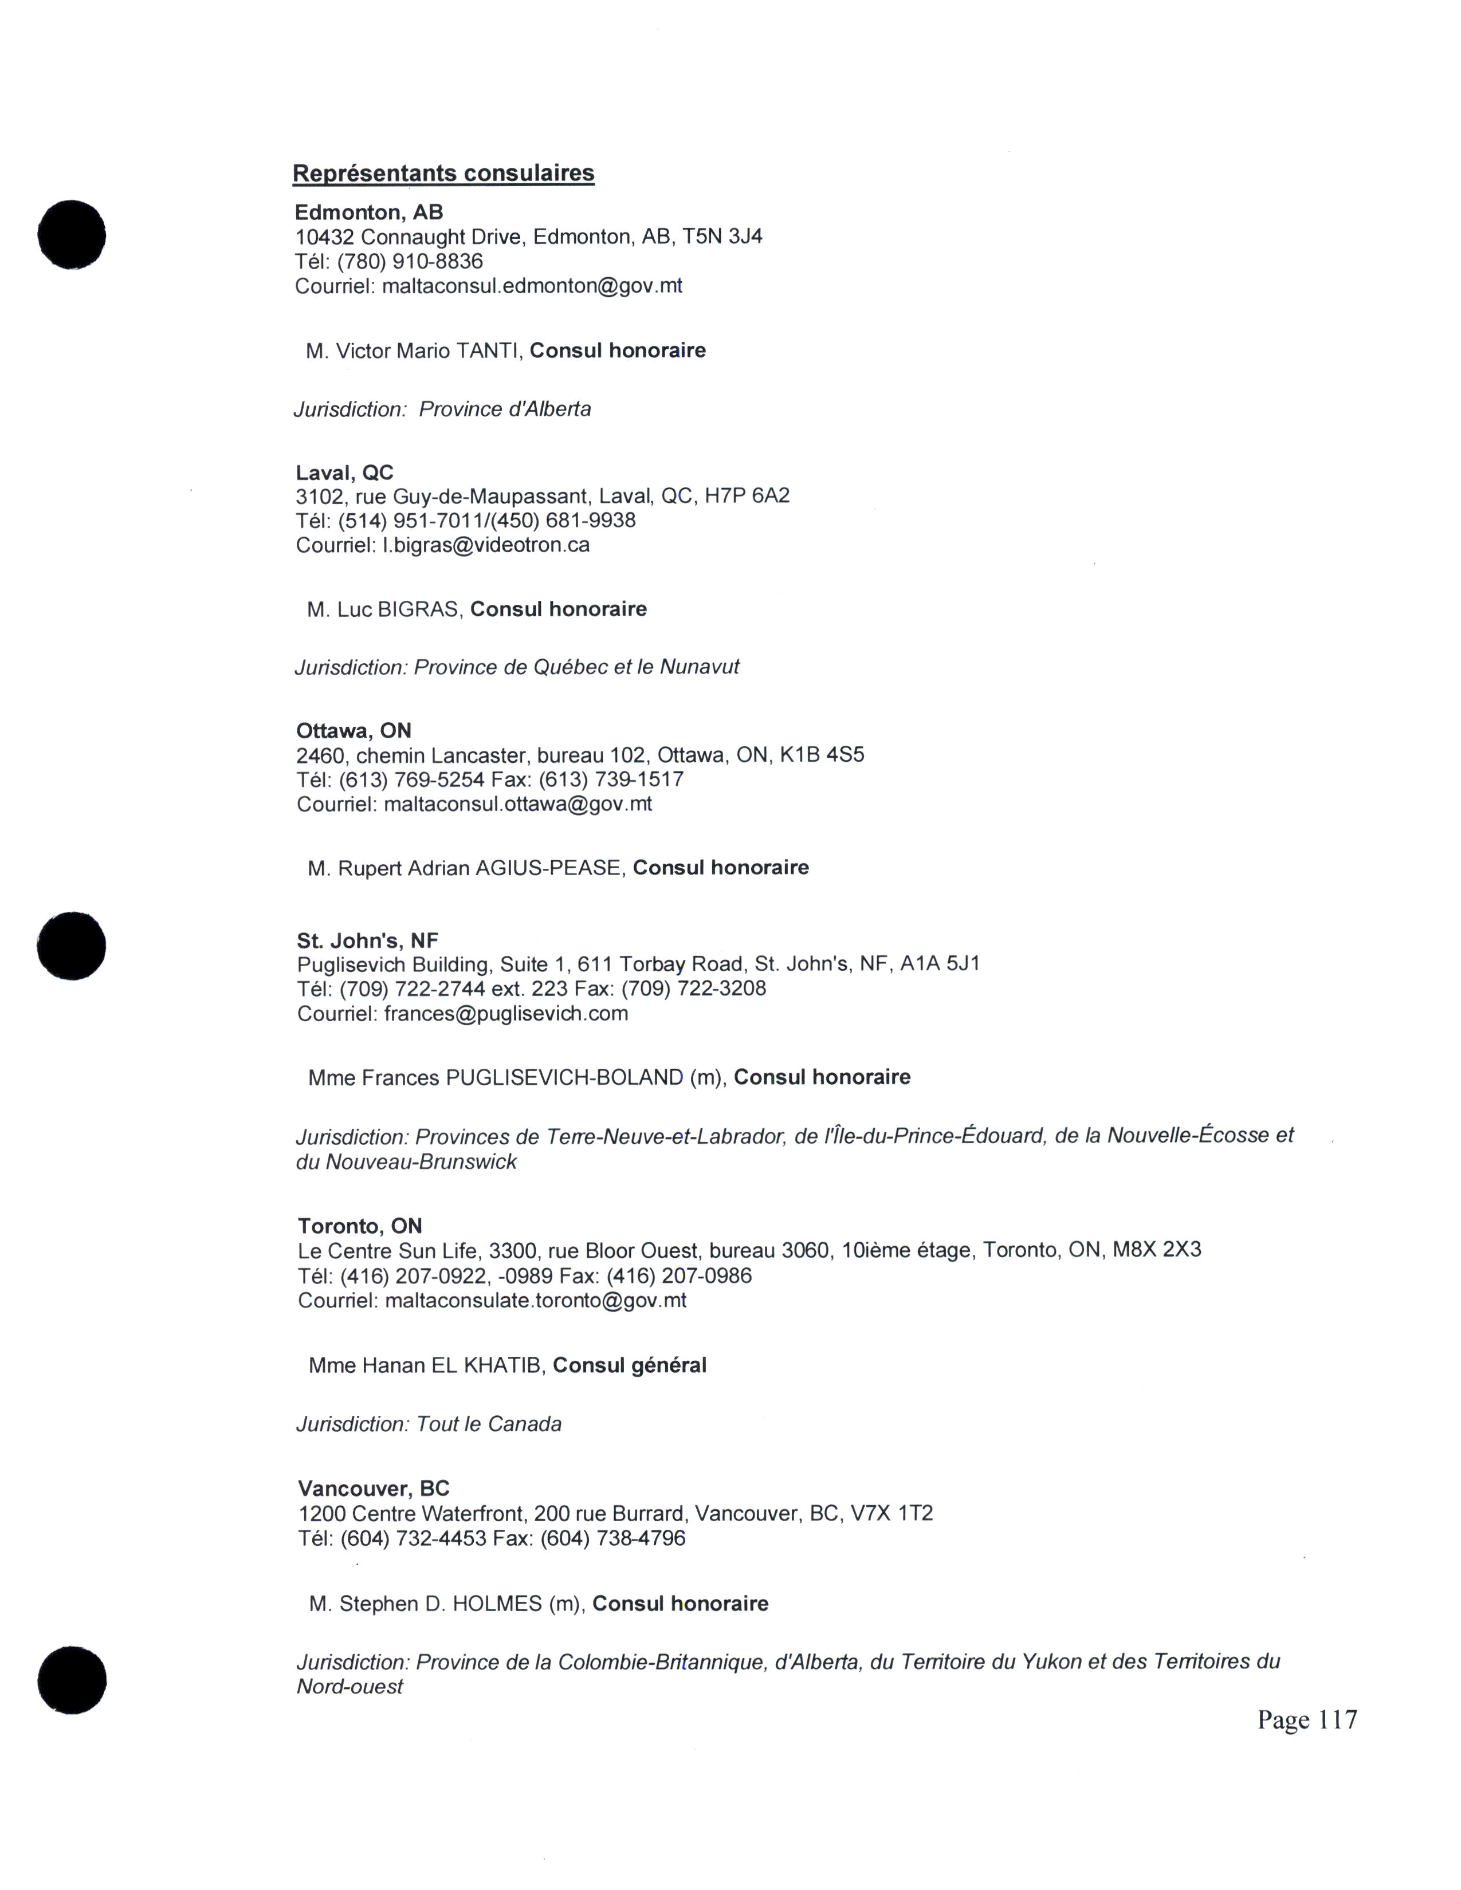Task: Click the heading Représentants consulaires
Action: [x=443, y=173]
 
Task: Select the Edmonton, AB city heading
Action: [x=369, y=212]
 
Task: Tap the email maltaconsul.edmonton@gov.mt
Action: [x=532, y=286]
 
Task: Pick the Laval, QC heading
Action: [x=344, y=472]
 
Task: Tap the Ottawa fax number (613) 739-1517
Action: [x=611, y=779]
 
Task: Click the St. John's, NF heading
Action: [x=368, y=940]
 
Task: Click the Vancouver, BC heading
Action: [x=374, y=1489]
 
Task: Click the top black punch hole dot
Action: [x=72, y=234]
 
